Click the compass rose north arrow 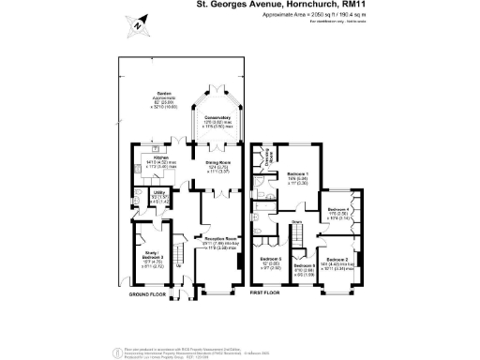[138, 26]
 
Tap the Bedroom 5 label [273, 260]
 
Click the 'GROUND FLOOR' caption [148, 294]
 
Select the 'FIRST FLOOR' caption [269, 294]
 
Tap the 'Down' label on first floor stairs [297, 222]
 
